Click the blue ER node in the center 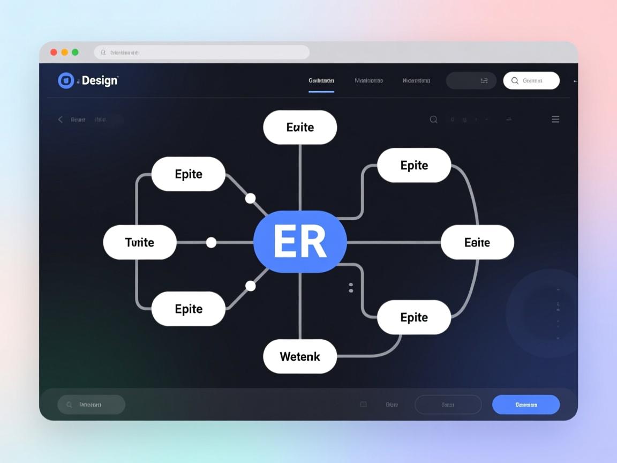tap(300, 242)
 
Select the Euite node tap(300, 128)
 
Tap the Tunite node tap(140, 242)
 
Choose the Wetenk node tap(300, 356)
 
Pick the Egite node tap(477, 242)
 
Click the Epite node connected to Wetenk tap(414, 317)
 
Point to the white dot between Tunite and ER tap(212, 242)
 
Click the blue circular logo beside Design tap(66, 80)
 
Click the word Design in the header tap(100, 80)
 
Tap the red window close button tap(54, 52)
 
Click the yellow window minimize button tap(64, 52)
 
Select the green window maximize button tap(75, 52)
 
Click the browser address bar tap(202, 53)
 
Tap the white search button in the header tap(531, 80)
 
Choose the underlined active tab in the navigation tap(321, 81)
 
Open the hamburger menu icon tap(555, 120)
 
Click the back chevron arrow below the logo tap(60, 120)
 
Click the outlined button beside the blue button tap(448, 405)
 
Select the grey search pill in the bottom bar tap(91, 405)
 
